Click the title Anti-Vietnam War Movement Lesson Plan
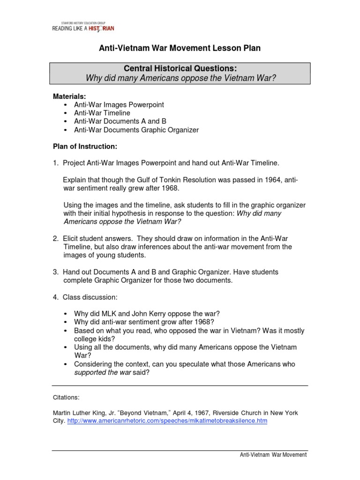pyautogui.click(x=180, y=48)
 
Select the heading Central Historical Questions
pyautogui.click(x=180, y=68)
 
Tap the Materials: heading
pyautogui.click(x=69, y=96)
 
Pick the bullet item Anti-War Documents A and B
pyautogui.click(x=120, y=121)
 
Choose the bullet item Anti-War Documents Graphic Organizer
pyautogui.click(x=136, y=130)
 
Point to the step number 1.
pyautogui.click(x=55, y=163)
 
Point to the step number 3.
pyautogui.click(x=55, y=272)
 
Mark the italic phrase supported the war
pyautogui.click(x=103, y=372)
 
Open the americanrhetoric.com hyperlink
pyautogui.click(x=167, y=421)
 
